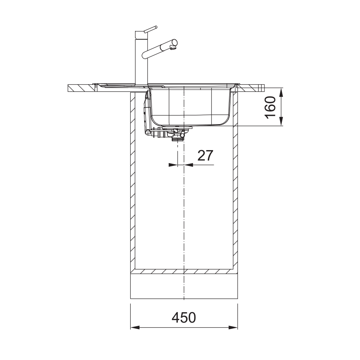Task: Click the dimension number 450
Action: click(x=184, y=318)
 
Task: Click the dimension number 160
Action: click(x=270, y=107)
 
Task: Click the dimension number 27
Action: click(x=205, y=156)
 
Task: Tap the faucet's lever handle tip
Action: click(x=156, y=27)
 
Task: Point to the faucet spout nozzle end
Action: click(x=174, y=48)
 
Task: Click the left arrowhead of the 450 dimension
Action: click(x=135, y=327)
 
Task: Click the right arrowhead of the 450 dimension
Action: click(x=233, y=327)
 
